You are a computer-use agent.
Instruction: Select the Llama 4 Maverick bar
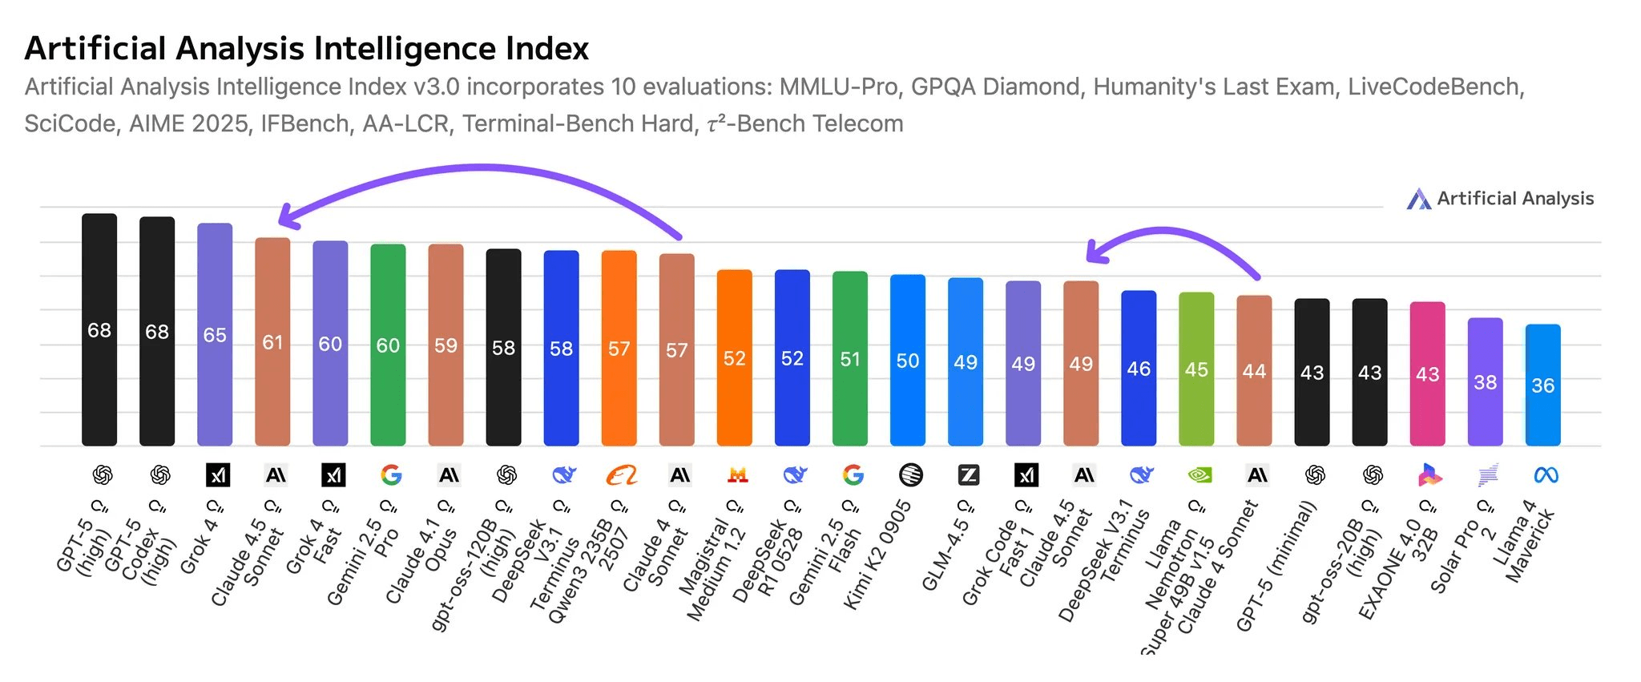(1542, 385)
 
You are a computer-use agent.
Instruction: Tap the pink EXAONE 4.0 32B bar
(1427, 373)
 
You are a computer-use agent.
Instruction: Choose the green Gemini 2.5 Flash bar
(849, 358)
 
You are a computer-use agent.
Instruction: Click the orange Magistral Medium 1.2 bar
(734, 357)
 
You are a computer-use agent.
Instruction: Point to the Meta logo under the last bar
(1546, 475)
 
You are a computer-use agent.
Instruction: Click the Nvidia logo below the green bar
(1199, 475)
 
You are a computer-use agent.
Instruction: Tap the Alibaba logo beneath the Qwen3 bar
(621, 475)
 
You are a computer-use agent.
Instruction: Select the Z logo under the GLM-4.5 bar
(968, 475)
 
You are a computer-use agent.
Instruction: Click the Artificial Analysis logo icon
(1418, 200)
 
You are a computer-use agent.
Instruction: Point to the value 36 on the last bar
(1542, 385)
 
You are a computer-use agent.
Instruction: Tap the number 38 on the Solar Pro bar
(1485, 382)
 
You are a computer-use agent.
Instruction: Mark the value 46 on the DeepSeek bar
(1139, 369)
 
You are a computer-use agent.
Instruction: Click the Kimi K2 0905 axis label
(877, 554)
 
